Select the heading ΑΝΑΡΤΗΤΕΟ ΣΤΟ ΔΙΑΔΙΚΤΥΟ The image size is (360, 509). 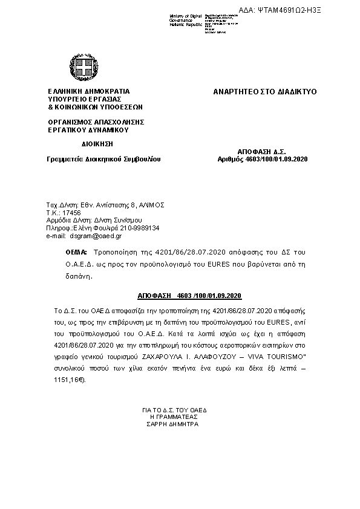(x=265, y=92)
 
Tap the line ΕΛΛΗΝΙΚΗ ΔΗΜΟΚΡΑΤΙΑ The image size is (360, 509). (x=89, y=92)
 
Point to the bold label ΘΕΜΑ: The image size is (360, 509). (x=77, y=251)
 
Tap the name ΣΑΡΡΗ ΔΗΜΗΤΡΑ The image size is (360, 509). (x=172, y=424)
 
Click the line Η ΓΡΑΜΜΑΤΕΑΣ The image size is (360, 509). (x=172, y=417)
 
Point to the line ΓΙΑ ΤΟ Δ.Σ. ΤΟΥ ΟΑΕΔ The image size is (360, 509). (x=172, y=410)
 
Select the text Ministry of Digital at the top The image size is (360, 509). (x=186, y=15)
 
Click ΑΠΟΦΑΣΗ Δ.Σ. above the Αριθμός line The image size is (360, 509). (x=261, y=151)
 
